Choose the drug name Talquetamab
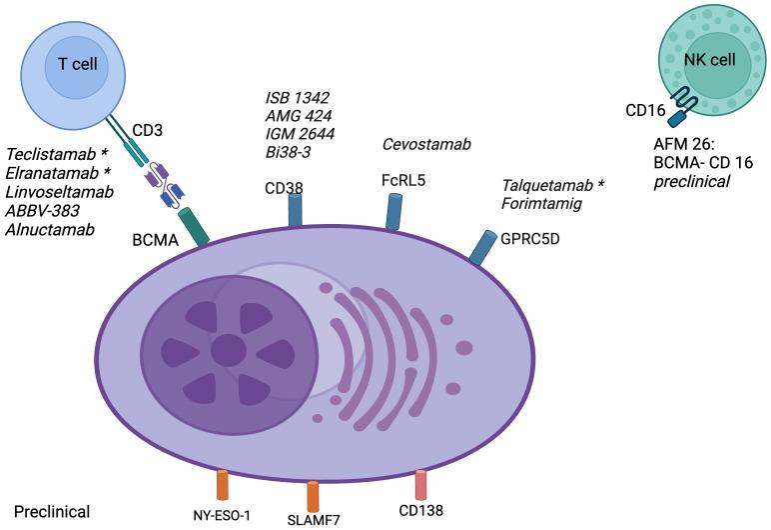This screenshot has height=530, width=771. pyautogui.click(x=550, y=185)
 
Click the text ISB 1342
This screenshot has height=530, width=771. pyautogui.click(x=297, y=97)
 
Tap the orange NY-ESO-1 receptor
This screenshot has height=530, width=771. pyautogui.click(x=224, y=484)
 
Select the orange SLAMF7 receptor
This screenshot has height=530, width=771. pyautogui.click(x=313, y=494)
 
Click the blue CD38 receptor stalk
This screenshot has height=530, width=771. pyautogui.click(x=296, y=210)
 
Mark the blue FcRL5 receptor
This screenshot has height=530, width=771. pyautogui.click(x=393, y=211)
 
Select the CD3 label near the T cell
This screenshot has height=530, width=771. pyautogui.click(x=147, y=130)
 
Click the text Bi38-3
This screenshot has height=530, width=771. pyautogui.click(x=289, y=151)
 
